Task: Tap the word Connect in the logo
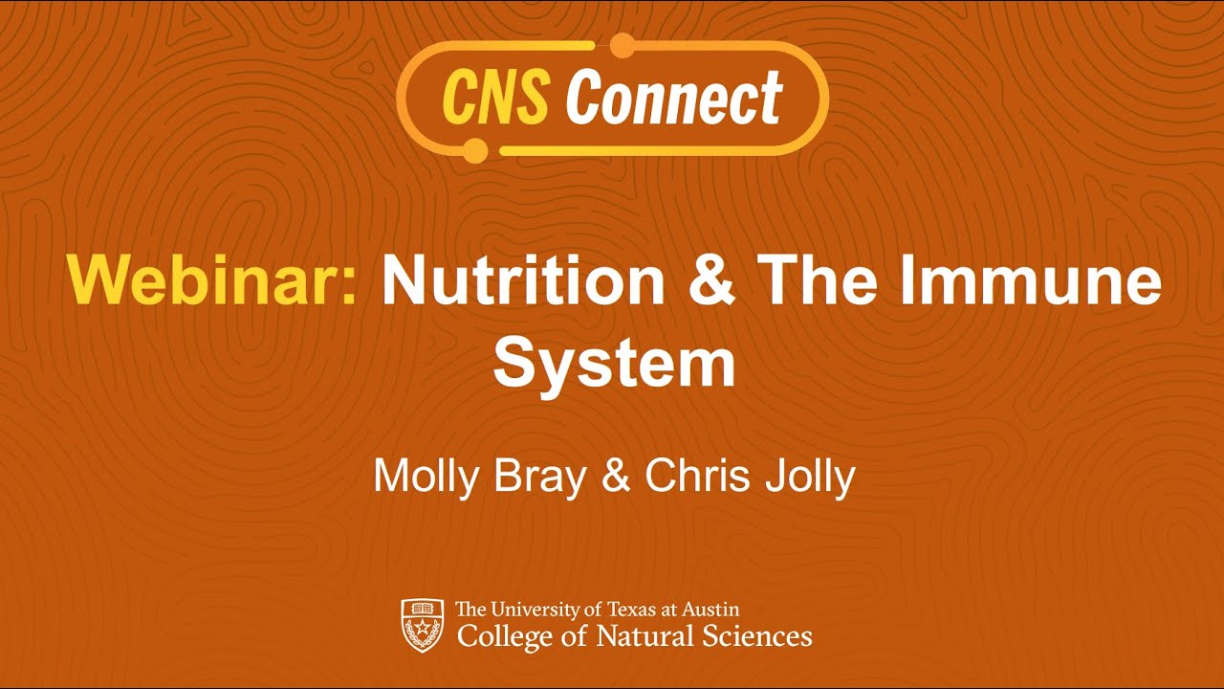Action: tap(674, 98)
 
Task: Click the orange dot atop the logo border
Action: tap(623, 44)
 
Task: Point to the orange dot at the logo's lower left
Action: tap(475, 150)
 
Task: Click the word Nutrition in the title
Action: tap(522, 281)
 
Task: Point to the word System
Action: tap(614, 364)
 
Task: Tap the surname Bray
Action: tap(539, 477)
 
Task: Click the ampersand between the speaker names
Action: tap(616, 477)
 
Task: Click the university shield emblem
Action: tap(422, 625)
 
